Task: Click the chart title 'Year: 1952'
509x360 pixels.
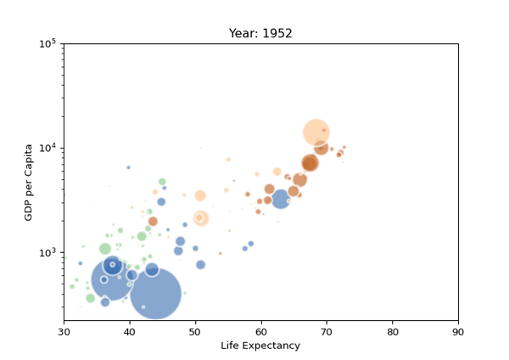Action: [260, 34]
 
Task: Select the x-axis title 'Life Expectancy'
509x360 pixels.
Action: [260, 346]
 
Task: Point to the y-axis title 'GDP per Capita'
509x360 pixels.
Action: [28, 183]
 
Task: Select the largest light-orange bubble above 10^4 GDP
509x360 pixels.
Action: [316, 132]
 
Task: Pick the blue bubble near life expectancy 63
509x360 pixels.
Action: [281, 223]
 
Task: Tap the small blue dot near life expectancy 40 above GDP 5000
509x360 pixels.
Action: [129, 167]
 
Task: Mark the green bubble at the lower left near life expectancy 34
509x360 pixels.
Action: [91, 298]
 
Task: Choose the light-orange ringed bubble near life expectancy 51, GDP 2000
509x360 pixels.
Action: [200, 242]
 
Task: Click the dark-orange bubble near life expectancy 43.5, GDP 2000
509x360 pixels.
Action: [153, 245]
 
